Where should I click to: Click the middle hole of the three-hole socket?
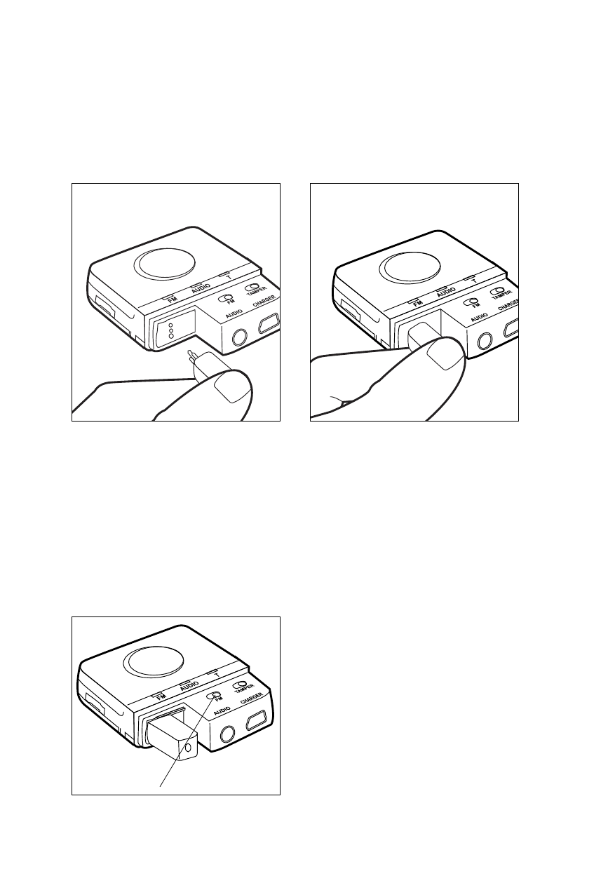click(171, 330)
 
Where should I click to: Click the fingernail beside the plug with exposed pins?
click(234, 388)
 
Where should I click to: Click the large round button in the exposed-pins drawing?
click(164, 264)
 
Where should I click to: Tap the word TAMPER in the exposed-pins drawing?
click(256, 291)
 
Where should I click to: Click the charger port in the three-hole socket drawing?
click(269, 323)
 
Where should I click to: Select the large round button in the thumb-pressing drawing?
click(410, 268)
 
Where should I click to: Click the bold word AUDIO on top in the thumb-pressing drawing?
click(446, 292)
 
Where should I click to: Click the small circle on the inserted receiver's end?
click(188, 748)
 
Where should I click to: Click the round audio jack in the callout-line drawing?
click(227, 736)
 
